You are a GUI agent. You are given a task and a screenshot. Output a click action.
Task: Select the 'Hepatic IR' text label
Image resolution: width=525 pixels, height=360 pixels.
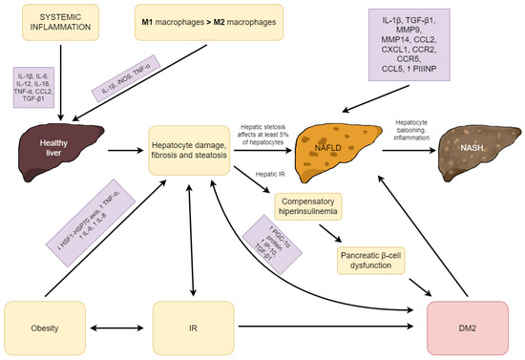coord(273,173)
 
